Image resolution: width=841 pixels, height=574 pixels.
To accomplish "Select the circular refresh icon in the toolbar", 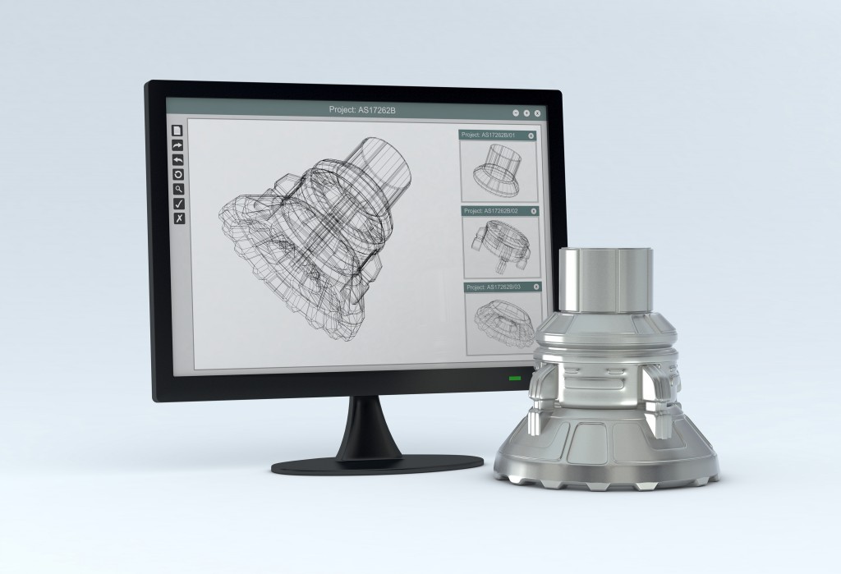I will tap(177, 175).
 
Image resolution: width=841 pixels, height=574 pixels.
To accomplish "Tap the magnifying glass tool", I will tap(178, 189).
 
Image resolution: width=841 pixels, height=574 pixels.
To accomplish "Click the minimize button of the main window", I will tap(516, 113).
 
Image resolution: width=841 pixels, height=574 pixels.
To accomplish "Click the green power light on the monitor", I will tap(515, 378).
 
